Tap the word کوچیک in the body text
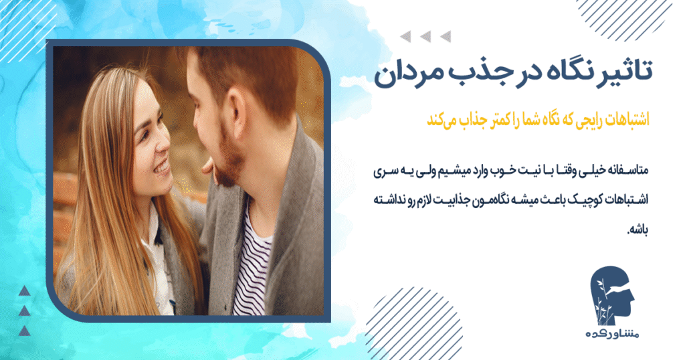[569, 200]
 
